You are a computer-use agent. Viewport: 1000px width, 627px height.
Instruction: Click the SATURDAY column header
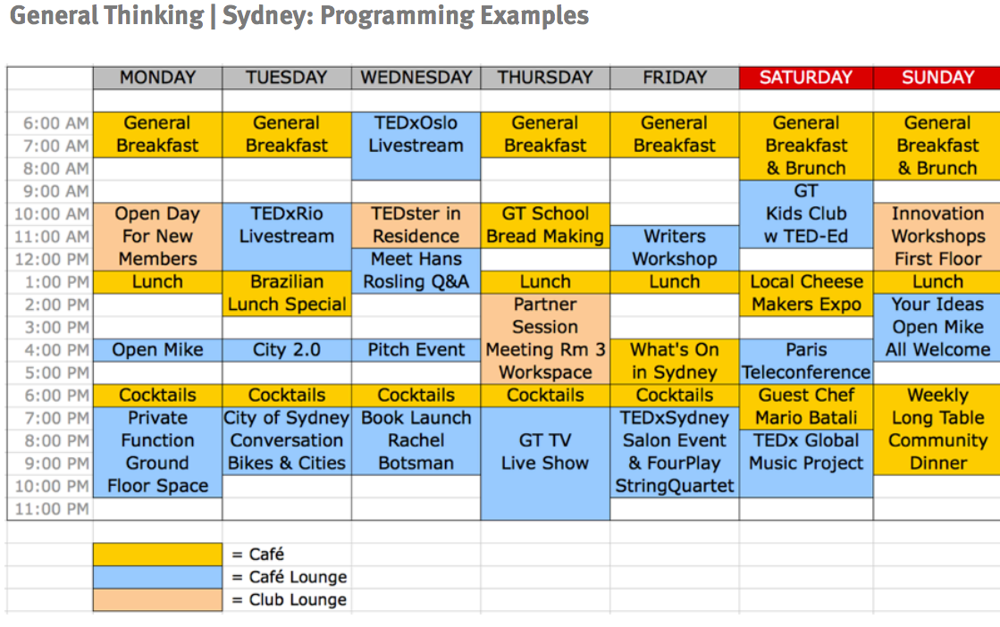click(806, 78)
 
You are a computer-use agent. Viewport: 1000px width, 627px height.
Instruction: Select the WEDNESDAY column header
click(416, 78)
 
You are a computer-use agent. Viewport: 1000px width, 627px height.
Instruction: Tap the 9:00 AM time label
click(56, 191)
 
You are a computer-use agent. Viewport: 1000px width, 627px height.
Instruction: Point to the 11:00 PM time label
click(53, 509)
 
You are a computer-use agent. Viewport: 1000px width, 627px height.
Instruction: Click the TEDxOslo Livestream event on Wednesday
click(416, 146)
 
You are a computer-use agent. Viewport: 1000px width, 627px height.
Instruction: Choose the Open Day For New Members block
click(157, 237)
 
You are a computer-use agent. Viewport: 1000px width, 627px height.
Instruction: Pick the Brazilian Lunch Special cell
click(287, 293)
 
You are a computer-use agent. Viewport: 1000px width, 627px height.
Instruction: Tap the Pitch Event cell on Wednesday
click(416, 350)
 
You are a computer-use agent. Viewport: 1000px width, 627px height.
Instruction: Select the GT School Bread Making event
click(545, 225)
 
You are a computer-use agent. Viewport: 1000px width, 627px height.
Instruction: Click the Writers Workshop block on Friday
click(675, 248)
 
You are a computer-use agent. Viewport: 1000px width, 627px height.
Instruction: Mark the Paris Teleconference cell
click(806, 362)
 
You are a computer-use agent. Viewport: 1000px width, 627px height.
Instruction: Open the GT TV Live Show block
click(545, 464)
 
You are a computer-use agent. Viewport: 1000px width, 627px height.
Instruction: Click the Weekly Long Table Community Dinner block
click(937, 430)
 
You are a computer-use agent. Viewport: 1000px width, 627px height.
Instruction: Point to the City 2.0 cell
click(287, 350)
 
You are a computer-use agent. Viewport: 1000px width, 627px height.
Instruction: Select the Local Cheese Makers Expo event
click(806, 293)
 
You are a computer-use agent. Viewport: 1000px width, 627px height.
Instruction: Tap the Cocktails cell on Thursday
click(545, 395)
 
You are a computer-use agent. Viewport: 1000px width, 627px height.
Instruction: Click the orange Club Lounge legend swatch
click(157, 599)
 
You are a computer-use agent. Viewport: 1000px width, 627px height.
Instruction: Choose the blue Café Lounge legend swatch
click(157, 577)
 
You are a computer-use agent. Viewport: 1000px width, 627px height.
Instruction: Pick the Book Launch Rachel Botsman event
click(416, 441)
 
